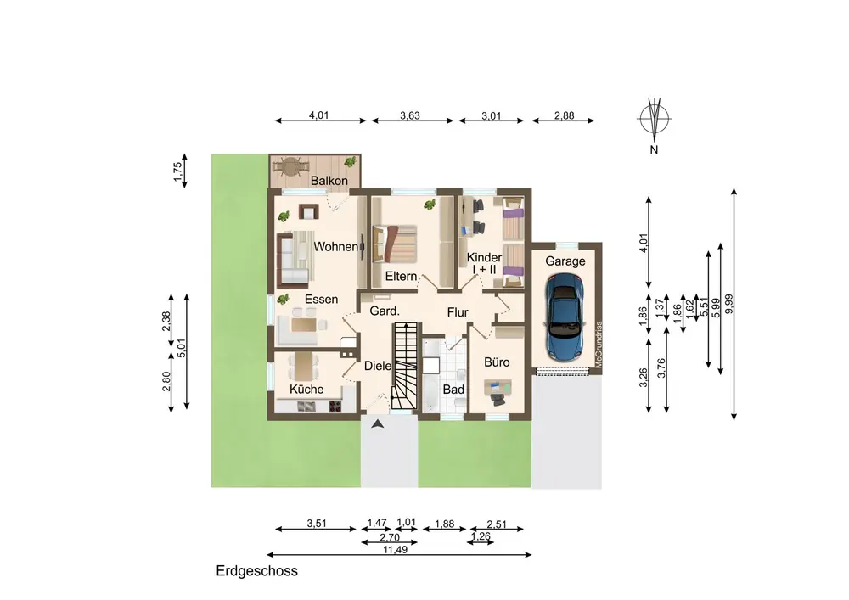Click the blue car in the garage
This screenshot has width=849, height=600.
pyautogui.click(x=565, y=317)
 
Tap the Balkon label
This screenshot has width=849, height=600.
pyautogui.click(x=329, y=181)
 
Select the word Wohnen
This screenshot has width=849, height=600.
pyautogui.click(x=335, y=247)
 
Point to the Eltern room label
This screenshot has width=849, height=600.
pyautogui.click(x=402, y=276)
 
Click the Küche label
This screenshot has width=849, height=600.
pyautogui.click(x=306, y=389)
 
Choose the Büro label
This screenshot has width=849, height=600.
pyautogui.click(x=497, y=362)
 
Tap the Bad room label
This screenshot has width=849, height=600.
pyautogui.click(x=453, y=390)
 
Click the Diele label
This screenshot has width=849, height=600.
pyautogui.click(x=378, y=366)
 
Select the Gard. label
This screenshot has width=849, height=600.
pyautogui.click(x=385, y=311)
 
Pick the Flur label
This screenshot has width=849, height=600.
pyautogui.click(x=458, y=312)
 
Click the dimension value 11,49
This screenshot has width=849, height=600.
pyautogui.click(x=396, y=549)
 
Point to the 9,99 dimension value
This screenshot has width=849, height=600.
pyautogui.click(x=728, y=304)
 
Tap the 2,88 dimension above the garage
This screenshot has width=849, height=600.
pyautogui.click(x=565, y=115)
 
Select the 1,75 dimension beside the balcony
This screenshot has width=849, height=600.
pyautogui.click(x=177, y=172)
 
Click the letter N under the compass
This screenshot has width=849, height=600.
pyautogui.click(x=654, y=150)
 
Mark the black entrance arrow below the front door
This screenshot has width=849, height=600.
pyautogui.click(x=378, y=424)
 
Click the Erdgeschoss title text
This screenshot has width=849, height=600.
pyautogui.click(x=256, y=571)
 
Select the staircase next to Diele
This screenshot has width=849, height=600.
pyautogui.click(x=406, y=366)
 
